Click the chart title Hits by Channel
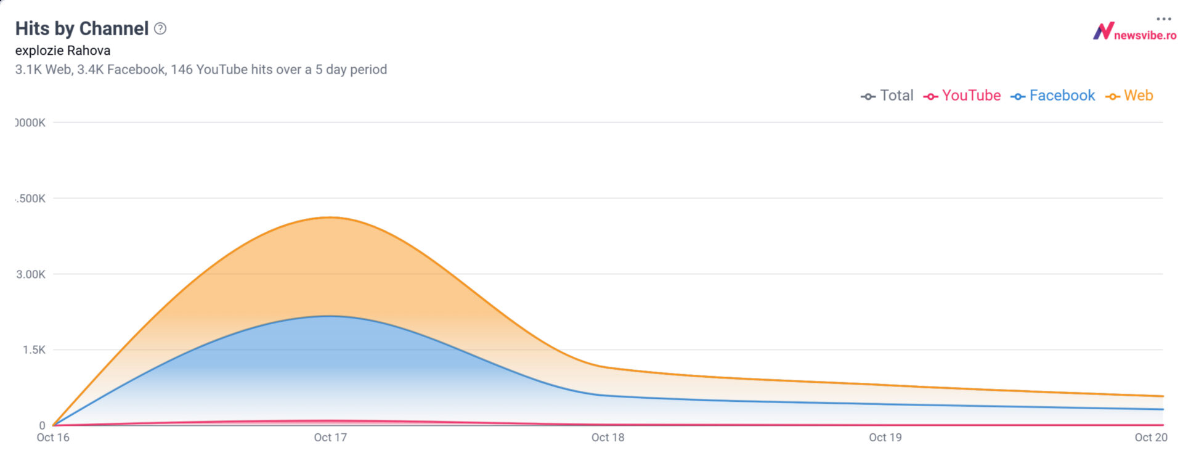(81, 28)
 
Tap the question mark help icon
(160, 28)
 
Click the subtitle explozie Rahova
(63, 51)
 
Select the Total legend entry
(887, 96)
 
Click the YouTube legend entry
(962, 96)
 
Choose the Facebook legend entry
(1053, 96)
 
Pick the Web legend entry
(1129, 96)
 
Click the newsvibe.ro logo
(1134, 32)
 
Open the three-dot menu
(1163, 18)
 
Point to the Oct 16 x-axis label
(53, 438)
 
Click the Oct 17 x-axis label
(330, 438)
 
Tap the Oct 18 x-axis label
(608, 438)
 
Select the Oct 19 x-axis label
(885, 438)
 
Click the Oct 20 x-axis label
(1150, 438)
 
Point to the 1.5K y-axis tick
(34, 350)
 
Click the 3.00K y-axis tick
(31, 274)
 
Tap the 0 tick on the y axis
(42, 425)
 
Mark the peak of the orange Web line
(330, 217)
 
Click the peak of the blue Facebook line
(330, 316)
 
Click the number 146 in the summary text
(182, 70)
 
